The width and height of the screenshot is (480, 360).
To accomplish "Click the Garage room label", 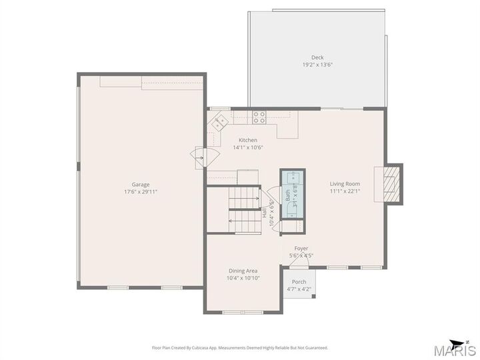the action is [141, 185].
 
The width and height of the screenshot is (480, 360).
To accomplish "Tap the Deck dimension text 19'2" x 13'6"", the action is [317, 65].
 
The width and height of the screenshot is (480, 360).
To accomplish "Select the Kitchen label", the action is [248, 140].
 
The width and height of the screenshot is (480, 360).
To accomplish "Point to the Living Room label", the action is [345, 184].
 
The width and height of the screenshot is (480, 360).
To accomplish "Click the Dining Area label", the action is [243, 271].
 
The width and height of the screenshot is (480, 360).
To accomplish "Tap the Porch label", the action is [299, 282].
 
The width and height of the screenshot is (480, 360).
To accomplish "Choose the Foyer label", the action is [301, 249].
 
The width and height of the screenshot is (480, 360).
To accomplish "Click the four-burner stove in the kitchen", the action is [259, 117].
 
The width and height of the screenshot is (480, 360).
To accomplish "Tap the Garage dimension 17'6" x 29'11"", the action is [141, 192].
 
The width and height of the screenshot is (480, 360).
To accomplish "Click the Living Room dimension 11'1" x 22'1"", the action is [345, 191].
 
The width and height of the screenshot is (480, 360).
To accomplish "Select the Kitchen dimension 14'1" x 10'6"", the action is [248, 147].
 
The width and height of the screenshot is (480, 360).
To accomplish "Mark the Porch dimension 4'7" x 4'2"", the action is [299, 289].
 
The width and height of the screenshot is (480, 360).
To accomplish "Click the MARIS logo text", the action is [455, 351].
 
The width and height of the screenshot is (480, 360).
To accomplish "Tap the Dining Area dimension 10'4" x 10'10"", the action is [243, 278].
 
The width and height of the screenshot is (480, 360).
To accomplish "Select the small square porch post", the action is [313, 296].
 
